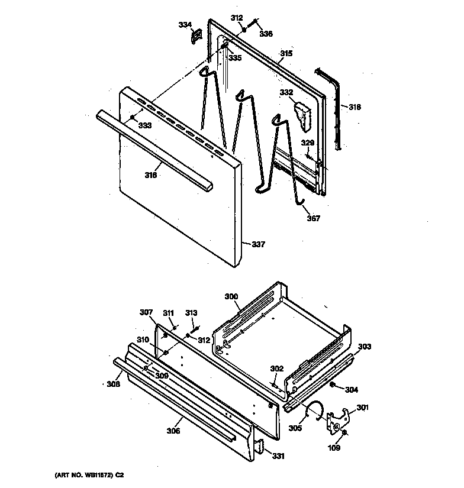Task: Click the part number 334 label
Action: [185, 24]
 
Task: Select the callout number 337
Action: [259, 244]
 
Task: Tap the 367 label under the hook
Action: [313, 219]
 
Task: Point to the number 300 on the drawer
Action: [231, 296]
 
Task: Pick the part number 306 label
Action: [173, 431]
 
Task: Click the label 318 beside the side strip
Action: [355, 107]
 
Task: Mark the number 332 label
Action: [286, 92]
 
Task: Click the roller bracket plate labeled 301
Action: [340, 419]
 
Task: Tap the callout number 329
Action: [307, 143]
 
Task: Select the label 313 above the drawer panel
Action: [191, 313]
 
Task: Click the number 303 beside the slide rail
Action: [365, 347]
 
